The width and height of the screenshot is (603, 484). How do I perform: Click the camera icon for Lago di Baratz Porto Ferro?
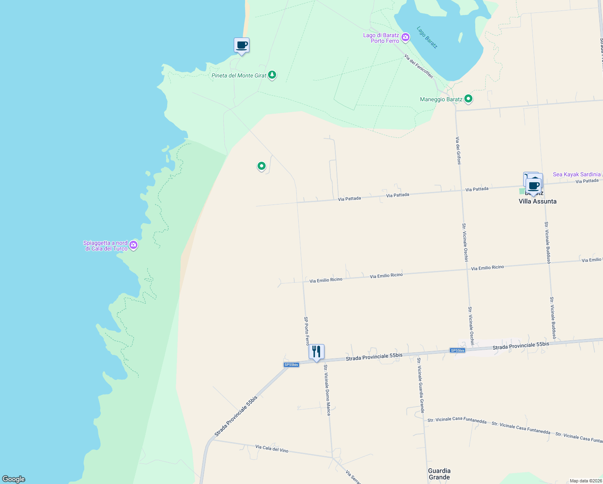(x=405, y=38)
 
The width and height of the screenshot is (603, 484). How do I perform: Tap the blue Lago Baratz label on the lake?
(x=427, y=38)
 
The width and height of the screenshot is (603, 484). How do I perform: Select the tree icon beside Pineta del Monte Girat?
(x=272, y=75)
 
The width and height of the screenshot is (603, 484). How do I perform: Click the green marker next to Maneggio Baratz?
(x=468, y=98)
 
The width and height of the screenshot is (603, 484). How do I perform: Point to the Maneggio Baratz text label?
(x=441, y=99)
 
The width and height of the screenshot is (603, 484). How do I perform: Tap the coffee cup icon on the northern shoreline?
(x=241, y=46)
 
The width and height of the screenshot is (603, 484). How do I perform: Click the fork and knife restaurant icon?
(x=316, y=352)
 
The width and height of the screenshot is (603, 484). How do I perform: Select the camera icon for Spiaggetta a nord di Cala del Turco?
(x=133, y=245)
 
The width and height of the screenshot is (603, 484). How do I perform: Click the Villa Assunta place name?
(x=537, y=201)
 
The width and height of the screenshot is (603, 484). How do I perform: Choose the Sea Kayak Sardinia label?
(x=576, y=174)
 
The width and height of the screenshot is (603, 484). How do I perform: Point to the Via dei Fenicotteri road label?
(x=418, y=67)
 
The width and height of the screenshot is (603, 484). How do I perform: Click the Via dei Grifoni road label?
(x=458, y=150)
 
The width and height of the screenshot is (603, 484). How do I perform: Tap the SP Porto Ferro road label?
(x=306, y=331)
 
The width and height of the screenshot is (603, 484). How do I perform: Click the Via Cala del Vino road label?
(x=272, y=448)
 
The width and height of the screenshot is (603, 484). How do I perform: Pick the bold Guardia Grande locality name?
(x=439, y=474)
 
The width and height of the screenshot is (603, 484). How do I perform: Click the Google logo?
(x=14, y=479)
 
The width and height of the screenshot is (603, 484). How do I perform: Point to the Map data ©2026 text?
(x=585, y=481)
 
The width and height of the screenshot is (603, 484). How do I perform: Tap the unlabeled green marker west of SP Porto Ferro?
(x=261, y=166)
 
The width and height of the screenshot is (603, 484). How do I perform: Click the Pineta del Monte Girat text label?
(x=239, y=75)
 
